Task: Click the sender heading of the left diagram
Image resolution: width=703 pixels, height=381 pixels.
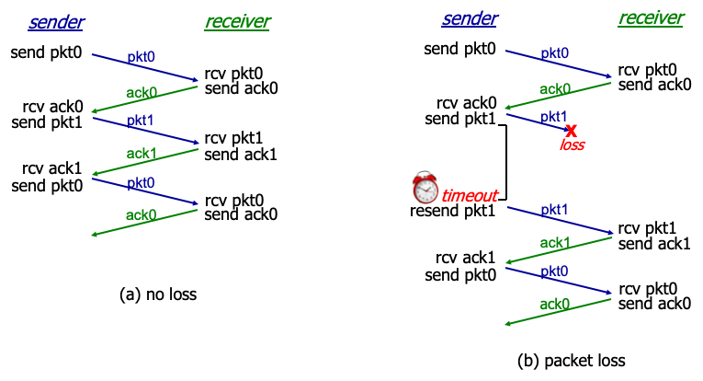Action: coord(56,22)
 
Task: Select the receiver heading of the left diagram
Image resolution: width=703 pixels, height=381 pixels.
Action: coord(237,22)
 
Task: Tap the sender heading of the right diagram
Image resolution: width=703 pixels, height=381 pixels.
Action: coord(470,19)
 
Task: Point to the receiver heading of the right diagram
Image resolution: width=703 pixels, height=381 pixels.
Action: coord(651,18)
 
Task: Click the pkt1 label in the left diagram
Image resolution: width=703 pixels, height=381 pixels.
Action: coord(141,121)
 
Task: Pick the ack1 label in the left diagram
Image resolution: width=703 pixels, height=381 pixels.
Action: coord(141,152)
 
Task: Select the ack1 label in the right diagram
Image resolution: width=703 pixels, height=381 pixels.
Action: coord(554,242)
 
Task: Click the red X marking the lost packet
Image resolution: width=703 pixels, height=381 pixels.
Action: coord(571,131)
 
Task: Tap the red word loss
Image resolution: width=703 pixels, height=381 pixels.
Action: coord(573,145)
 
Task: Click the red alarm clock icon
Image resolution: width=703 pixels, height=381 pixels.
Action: coord(425,188)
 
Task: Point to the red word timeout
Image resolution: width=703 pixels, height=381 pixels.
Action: coord(470,196)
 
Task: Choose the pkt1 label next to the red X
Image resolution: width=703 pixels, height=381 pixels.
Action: coord(553,117)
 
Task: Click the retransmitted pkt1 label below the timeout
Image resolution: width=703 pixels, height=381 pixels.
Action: coord(554,210)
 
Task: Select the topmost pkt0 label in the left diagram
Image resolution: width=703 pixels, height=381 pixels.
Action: coord(141,57)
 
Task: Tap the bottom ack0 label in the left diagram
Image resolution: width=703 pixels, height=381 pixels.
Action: coord(141,215)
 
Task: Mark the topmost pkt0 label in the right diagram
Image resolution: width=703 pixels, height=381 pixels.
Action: coord(554,53)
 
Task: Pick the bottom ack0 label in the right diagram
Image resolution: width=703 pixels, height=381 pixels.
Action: coord(554,303)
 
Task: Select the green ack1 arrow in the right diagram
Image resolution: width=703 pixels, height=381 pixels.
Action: coord(559,251)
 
